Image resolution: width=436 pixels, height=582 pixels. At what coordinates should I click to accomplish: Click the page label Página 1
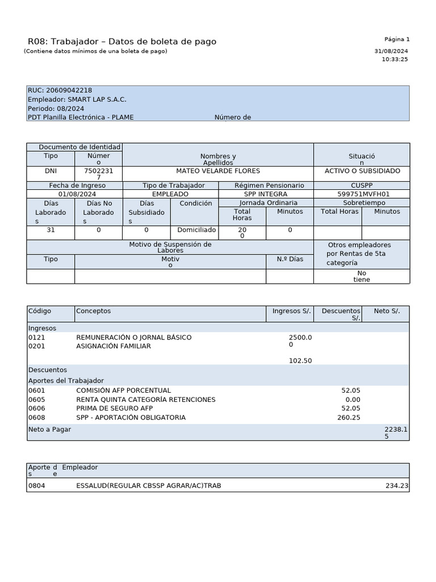click(x=396, y=39)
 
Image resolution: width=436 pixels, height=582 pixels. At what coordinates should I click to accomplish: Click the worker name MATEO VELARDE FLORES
click(x=218, y=171)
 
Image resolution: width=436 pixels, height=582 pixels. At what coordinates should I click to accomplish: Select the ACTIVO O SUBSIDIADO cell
click(x=362, y=171)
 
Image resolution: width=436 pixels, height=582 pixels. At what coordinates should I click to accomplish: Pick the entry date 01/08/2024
click(x=74, y=194)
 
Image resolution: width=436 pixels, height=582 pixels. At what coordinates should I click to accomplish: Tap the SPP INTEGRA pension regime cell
click(x=266, y=194)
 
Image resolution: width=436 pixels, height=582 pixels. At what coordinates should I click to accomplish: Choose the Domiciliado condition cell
click(x=196, y=230)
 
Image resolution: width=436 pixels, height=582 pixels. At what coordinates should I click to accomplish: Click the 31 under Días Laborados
click(x=51, y=230)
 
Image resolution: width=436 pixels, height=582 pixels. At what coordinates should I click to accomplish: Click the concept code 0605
click(x=36, y=400)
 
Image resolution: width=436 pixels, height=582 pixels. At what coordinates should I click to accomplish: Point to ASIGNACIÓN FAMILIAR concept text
click(x=114, y=346)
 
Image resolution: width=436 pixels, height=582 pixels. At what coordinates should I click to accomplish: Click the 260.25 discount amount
click(x=348, y=418)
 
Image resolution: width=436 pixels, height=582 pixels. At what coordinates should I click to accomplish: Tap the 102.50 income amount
click(x=300, y=361)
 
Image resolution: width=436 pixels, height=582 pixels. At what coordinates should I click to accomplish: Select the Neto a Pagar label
click(x=50, y=430)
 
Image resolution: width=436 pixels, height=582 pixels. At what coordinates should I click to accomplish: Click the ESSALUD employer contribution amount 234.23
click(x=396, y=486)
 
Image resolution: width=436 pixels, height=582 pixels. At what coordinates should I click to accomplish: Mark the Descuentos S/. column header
click(x=341, y=314)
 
